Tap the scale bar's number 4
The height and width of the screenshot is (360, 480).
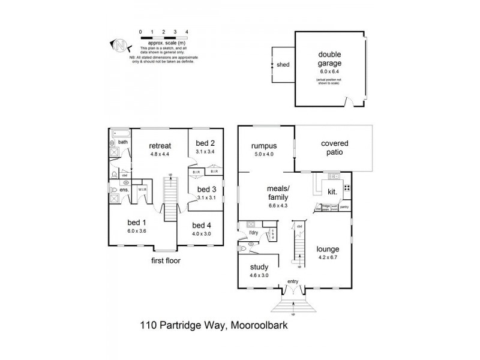[x=187, y=31]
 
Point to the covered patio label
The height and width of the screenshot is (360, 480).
[x=334, y=148]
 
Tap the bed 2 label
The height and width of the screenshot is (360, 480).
[x=205, y=143]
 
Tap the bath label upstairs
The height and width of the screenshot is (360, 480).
[x=122, y=142]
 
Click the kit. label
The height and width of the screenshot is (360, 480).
[x=332, y=192]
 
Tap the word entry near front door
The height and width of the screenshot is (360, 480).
[x=293, y=281]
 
